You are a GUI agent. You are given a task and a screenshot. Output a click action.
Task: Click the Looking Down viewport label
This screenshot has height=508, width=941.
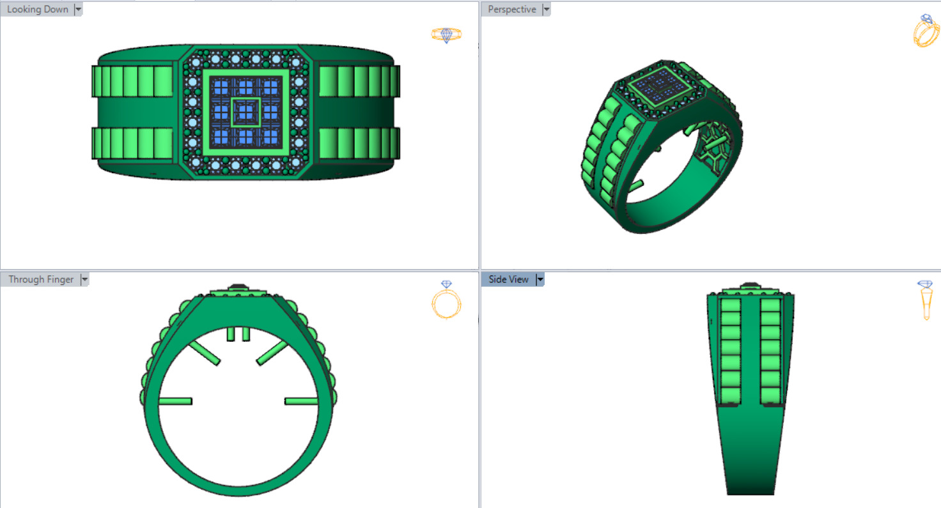coord(37,10)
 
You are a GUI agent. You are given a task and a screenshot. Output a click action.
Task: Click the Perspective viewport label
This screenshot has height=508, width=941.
coord(512,10)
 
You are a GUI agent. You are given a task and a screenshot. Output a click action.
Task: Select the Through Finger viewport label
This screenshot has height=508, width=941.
coord(41,279)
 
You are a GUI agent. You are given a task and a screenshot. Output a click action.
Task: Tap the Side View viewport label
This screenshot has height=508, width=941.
coord(509,279)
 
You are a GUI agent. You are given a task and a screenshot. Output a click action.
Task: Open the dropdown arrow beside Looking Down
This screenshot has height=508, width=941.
coord(78,10)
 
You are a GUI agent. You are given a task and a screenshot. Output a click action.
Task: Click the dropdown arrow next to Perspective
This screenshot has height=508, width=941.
coord(546,10)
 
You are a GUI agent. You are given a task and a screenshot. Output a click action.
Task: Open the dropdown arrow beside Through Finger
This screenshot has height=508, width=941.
coord(84,279)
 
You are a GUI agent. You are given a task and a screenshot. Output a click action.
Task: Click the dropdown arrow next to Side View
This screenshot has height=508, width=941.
coord(540,279)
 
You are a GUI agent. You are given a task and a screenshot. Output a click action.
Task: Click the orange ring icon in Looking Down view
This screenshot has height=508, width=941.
coord(446,35)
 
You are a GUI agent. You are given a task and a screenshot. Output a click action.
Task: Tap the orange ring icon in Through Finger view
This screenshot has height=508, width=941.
coord(446,300)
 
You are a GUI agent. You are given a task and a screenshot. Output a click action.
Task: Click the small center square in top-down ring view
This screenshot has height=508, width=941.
coord(245,112)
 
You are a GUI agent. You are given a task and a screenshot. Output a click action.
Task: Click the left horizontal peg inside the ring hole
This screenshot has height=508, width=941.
coord(175,401)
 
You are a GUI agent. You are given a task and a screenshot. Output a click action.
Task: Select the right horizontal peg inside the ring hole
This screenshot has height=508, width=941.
coord(301,401)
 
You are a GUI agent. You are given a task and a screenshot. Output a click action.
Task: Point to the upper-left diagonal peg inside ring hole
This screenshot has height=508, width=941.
coord(205,353)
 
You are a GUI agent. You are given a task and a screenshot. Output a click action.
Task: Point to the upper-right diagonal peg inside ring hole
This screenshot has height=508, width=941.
coord(272,353)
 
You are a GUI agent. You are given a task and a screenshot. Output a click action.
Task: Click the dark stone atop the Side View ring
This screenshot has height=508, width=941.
coord(750,286)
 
